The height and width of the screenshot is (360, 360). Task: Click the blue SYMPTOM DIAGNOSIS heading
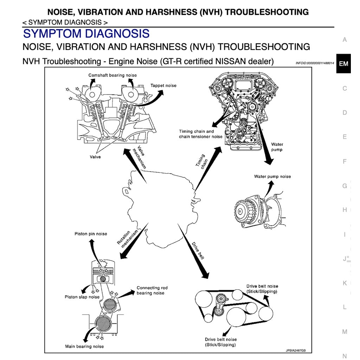click(x=86, y=34)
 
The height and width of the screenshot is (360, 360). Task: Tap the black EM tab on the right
click(x=343, y=64)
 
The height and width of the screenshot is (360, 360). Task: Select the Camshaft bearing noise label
click(x=112, y=75)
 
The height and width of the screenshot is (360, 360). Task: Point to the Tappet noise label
click(x=163, y=85)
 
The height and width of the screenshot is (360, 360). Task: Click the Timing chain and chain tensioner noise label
click(x=201, y=134)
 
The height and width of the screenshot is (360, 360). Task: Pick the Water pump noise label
click(x=272, y=176)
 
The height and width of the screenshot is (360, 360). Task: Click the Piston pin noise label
click(x=91, y=234)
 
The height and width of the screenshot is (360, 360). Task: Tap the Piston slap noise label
click(x=82, y=297)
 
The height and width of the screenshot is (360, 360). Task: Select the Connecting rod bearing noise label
click(x=152, y=290)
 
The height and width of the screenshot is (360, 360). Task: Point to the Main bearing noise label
click(x=84, y=347)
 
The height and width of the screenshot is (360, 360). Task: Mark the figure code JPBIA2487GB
click(x=296, y=351)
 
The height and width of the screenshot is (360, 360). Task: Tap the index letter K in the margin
click(x=345, y=283)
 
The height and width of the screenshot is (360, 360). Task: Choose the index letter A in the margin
click(x=345, y=40)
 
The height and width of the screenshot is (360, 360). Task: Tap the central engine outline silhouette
click(x=158, y=200)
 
